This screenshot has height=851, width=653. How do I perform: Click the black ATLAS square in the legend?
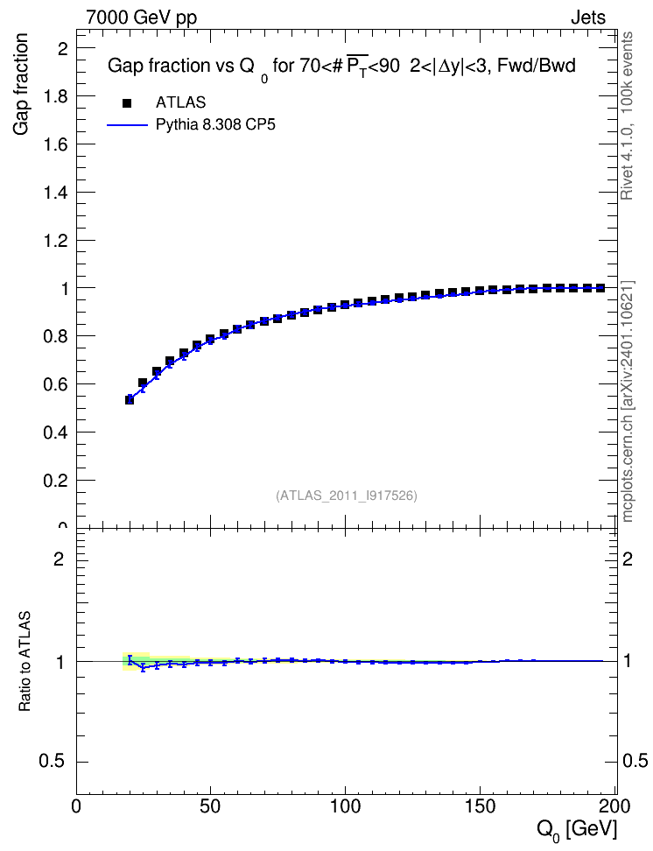coord(128,102)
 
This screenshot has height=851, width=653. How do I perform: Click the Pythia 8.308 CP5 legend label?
coord(215,125)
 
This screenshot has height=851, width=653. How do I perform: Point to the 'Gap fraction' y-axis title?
coord(20,84)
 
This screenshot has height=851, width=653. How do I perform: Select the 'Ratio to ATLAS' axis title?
coord(25,661)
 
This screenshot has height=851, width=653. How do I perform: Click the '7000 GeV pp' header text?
coord(141,18)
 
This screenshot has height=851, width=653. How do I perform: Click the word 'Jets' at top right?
coord(588,18)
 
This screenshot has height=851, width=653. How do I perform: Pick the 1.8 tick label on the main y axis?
coord(55,96)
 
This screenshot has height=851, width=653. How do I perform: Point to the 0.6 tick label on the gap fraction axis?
coord(55,384)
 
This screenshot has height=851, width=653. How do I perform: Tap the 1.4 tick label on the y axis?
coord(55,193)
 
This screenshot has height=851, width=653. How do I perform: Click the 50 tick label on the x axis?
coord(210,806)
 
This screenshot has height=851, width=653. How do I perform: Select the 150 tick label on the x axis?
coord(481,806)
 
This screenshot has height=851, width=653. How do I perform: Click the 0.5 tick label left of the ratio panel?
coord(52,762)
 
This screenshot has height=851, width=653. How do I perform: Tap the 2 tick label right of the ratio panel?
coord(627,559)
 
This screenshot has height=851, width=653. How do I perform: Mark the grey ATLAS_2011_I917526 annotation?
coord(347,496)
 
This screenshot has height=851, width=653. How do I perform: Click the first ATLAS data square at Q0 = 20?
coord(130,400)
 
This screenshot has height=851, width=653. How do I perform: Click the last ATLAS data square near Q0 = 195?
coord(600,288)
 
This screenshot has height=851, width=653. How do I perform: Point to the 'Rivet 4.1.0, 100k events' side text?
coord(627,116)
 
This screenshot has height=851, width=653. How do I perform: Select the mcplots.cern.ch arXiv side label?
coord(628,402)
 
